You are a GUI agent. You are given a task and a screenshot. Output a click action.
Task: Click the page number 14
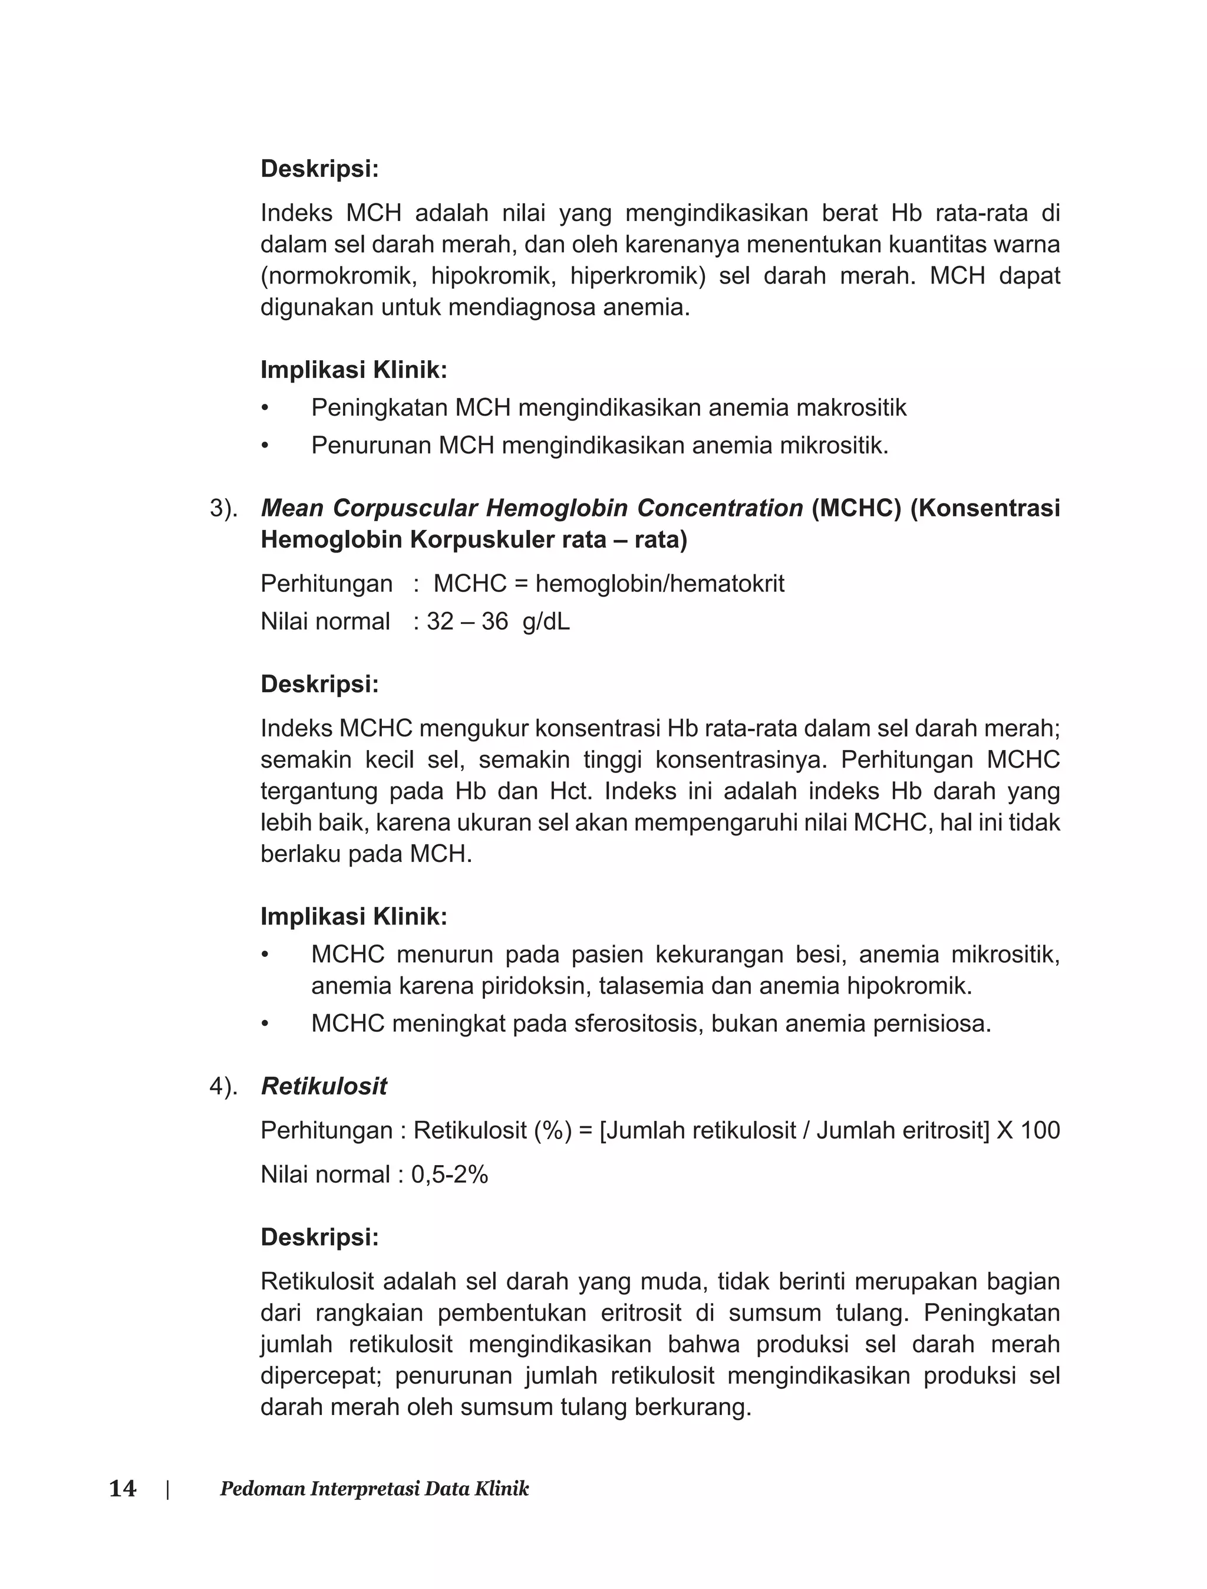coord(123,1488)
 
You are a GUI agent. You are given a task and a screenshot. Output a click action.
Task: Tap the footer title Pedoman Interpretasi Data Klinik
coord(374,1488)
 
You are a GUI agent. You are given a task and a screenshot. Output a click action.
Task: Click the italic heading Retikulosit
coord(324,1086)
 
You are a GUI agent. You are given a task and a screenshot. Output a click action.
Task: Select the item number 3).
coord(223,508)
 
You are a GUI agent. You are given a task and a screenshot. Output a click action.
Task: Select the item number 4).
coord(223,1087)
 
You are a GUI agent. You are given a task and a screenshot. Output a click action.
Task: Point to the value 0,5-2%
coord(450,1175)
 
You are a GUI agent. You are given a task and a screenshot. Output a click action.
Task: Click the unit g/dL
coord(546,621)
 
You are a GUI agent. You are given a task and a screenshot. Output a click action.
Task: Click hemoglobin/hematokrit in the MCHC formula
coord(659,583)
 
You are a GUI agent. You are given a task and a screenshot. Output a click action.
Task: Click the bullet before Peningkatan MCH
coord(265,408)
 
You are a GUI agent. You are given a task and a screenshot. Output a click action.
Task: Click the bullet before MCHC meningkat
coord(265,1024)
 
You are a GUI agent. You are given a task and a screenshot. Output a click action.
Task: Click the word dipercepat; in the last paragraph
coord(321,1376)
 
